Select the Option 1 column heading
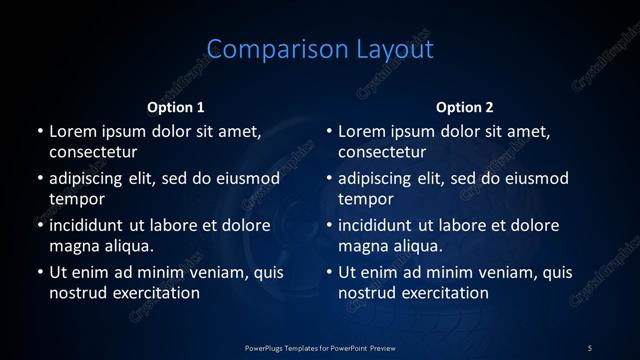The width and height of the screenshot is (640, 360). point(176,107)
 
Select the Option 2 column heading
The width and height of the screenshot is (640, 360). point(465,107)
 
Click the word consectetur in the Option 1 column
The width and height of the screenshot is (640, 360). point(93,152)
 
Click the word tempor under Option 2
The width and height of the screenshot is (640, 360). point(366,199)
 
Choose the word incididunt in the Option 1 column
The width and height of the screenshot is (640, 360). point(92,225)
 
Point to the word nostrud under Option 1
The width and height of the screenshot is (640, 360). point(76,293)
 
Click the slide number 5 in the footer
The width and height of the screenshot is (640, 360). point(589,347)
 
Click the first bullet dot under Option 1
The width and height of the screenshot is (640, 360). point(40,131)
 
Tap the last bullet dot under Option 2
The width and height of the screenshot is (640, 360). point(329,272)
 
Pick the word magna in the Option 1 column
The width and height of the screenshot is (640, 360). point(73,246)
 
